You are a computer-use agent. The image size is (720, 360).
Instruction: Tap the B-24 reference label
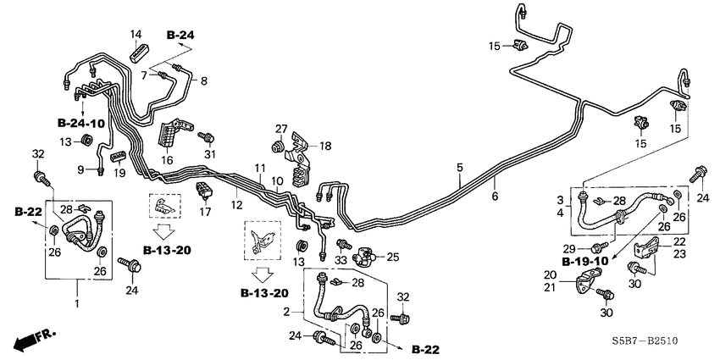[180, 35]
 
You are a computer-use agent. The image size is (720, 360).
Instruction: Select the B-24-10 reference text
[81, 124]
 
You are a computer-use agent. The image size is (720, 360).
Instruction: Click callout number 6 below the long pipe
[495, 196]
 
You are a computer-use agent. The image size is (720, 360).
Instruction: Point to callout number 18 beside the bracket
[326, 147]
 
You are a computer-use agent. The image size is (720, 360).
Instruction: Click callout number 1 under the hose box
[79, 303]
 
